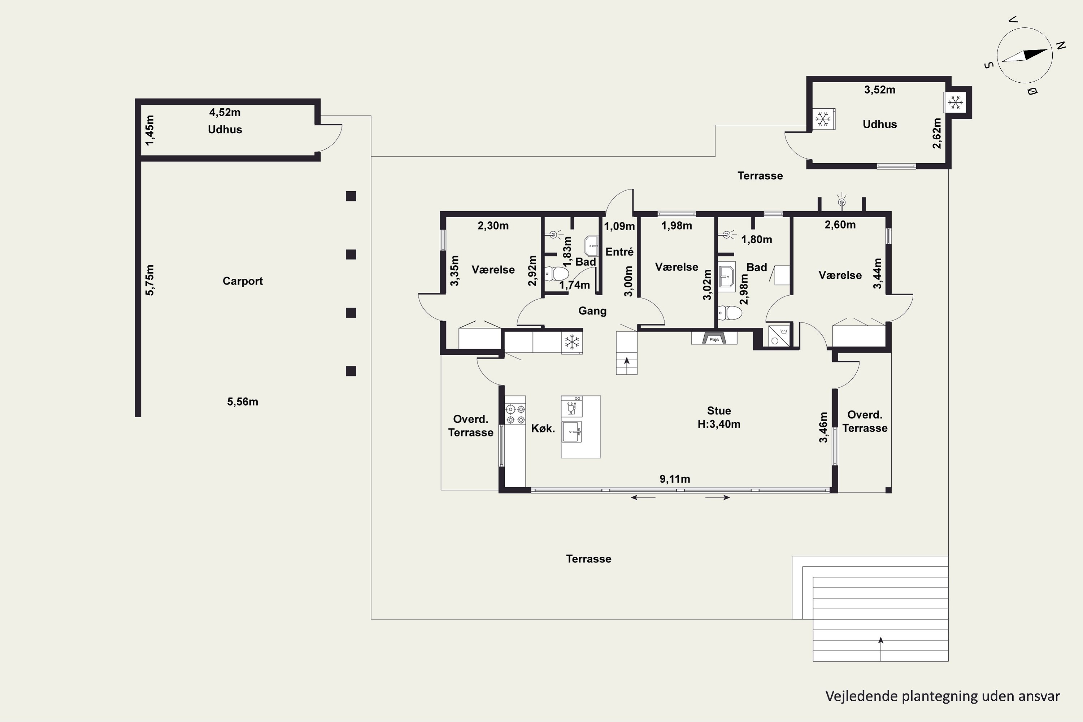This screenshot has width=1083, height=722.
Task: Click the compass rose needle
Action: [x=1025, y=55]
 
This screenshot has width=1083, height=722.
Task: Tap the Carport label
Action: [x=243, y=281]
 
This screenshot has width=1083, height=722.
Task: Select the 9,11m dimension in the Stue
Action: [x=675, y=479]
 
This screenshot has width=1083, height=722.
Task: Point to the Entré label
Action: [x=619, y=252]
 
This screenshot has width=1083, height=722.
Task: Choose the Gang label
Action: [x=592, y=311]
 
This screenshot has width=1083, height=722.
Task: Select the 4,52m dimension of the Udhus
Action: [x=225, y=112]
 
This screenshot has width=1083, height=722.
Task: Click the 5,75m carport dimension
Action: [x=150, y=280]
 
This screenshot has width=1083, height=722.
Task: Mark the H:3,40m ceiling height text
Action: [x=719, y=424]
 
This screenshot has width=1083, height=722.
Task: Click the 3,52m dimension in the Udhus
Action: [x=879, y=90]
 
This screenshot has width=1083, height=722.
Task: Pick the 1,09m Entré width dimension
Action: [x=619, y=226]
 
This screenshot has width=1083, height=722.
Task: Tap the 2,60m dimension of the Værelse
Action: [x=840, y=225]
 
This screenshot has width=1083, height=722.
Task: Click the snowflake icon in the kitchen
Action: [x=572, y=343]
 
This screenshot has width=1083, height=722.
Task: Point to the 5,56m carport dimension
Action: [x=242, y=401]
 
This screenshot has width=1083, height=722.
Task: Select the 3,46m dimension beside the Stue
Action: [x=823, y=427]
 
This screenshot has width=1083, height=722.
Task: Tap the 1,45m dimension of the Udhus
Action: [x=150, y=130]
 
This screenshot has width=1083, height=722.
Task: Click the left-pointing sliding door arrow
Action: [x=643, y=497]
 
